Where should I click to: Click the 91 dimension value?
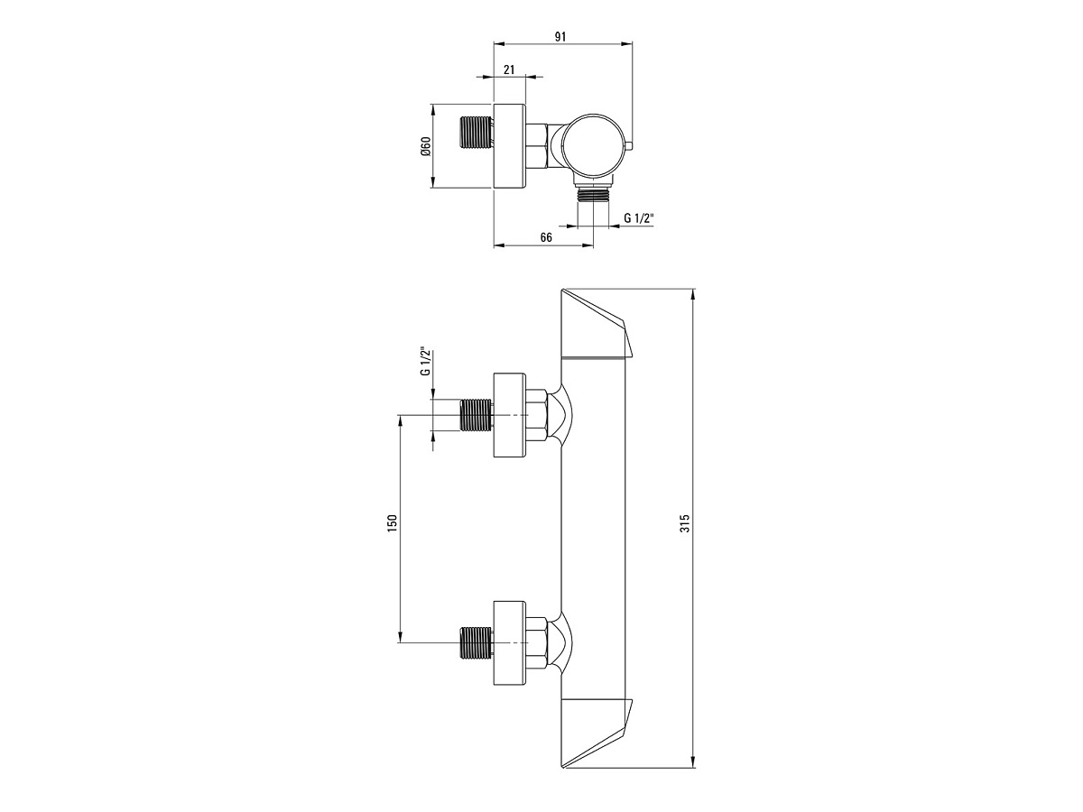click(560, 36)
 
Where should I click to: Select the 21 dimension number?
click(509, 69)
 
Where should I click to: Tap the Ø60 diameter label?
click(426, 146)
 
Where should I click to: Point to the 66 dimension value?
click(546, 237)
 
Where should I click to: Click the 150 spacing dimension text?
click(392, 522)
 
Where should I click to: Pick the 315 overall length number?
click(684, 523)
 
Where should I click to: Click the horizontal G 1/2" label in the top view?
click(638, 218)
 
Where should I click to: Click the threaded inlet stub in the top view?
click(477, 132)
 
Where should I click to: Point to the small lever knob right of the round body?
click(629, 145)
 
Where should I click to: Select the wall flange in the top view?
click(510, 146)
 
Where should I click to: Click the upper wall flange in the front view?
click(510, 415)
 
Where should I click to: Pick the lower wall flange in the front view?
click(510, 643)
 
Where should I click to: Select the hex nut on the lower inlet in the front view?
click(536, 643)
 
